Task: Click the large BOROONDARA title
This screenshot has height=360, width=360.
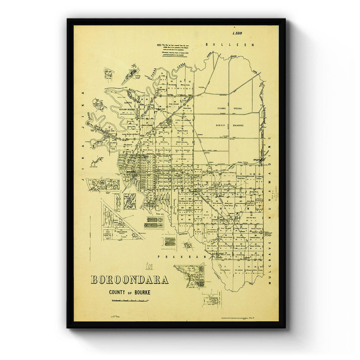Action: [x=129, y=280]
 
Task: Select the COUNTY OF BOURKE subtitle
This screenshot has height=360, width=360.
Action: [x=130, y=292]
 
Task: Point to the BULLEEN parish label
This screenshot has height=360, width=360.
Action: [x=230, y=45]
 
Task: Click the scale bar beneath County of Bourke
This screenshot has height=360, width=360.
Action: [x=130, y=300]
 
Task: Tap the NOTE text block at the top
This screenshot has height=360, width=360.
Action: [x=172, y=49]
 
